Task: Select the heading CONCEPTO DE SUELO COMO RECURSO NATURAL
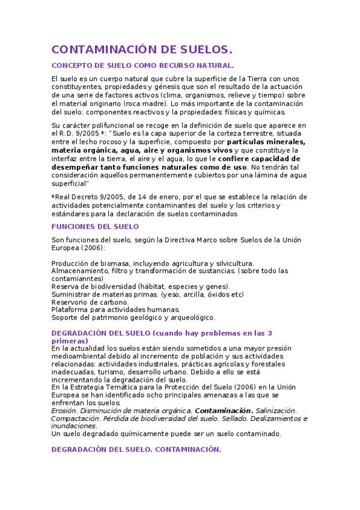(x=142, y=65)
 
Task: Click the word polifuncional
(x=103, y=125)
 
